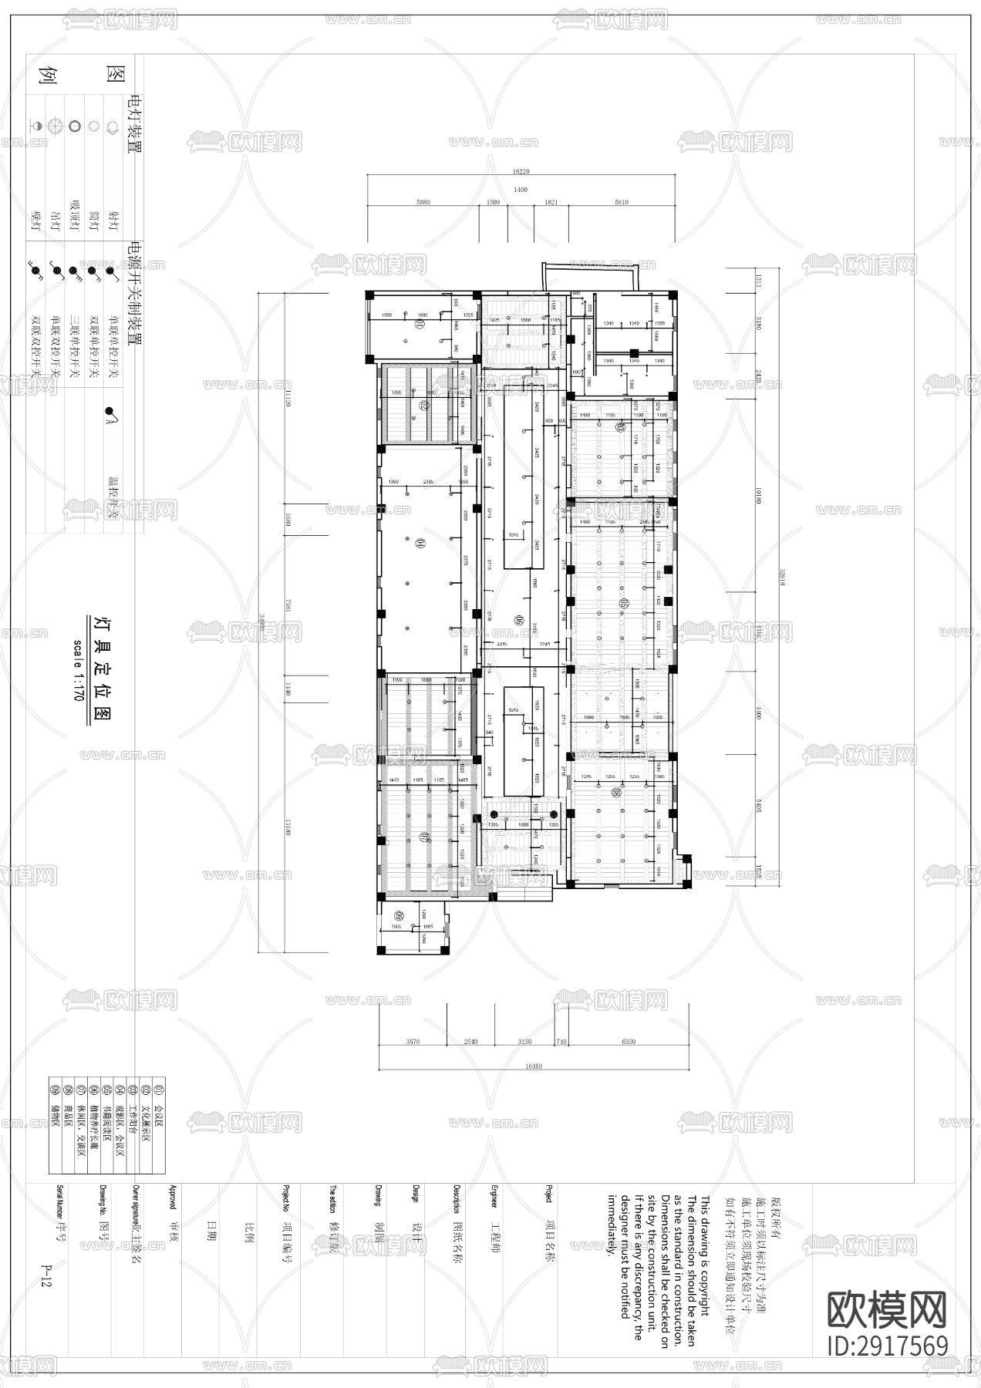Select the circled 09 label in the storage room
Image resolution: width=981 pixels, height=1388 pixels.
398,915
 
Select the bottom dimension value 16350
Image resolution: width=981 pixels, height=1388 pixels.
533,1067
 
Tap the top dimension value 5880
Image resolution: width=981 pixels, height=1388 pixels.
423,202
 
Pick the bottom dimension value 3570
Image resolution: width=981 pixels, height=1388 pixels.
412,1042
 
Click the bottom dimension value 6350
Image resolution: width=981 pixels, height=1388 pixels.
628,1042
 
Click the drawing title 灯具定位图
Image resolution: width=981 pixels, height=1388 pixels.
99,668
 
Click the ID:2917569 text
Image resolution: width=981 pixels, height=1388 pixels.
887,1346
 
